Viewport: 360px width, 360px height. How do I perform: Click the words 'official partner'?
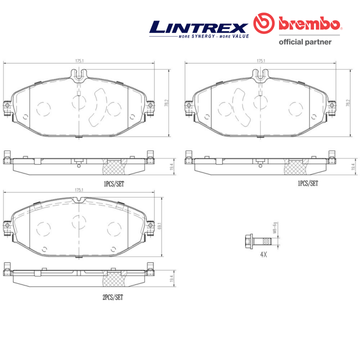point(305,42)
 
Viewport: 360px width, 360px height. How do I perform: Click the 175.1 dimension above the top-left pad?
point(79,61)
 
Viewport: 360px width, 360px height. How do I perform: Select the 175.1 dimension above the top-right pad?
point(260,61)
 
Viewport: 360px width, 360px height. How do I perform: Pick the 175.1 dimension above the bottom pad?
point(79,190)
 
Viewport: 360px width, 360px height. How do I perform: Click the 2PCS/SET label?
point(112,296)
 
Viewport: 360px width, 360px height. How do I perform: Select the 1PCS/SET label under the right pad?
point(308,183)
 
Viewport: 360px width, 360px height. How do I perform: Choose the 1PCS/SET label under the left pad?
point(114,183)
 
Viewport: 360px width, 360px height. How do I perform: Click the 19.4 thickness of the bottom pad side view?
point(172,279)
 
